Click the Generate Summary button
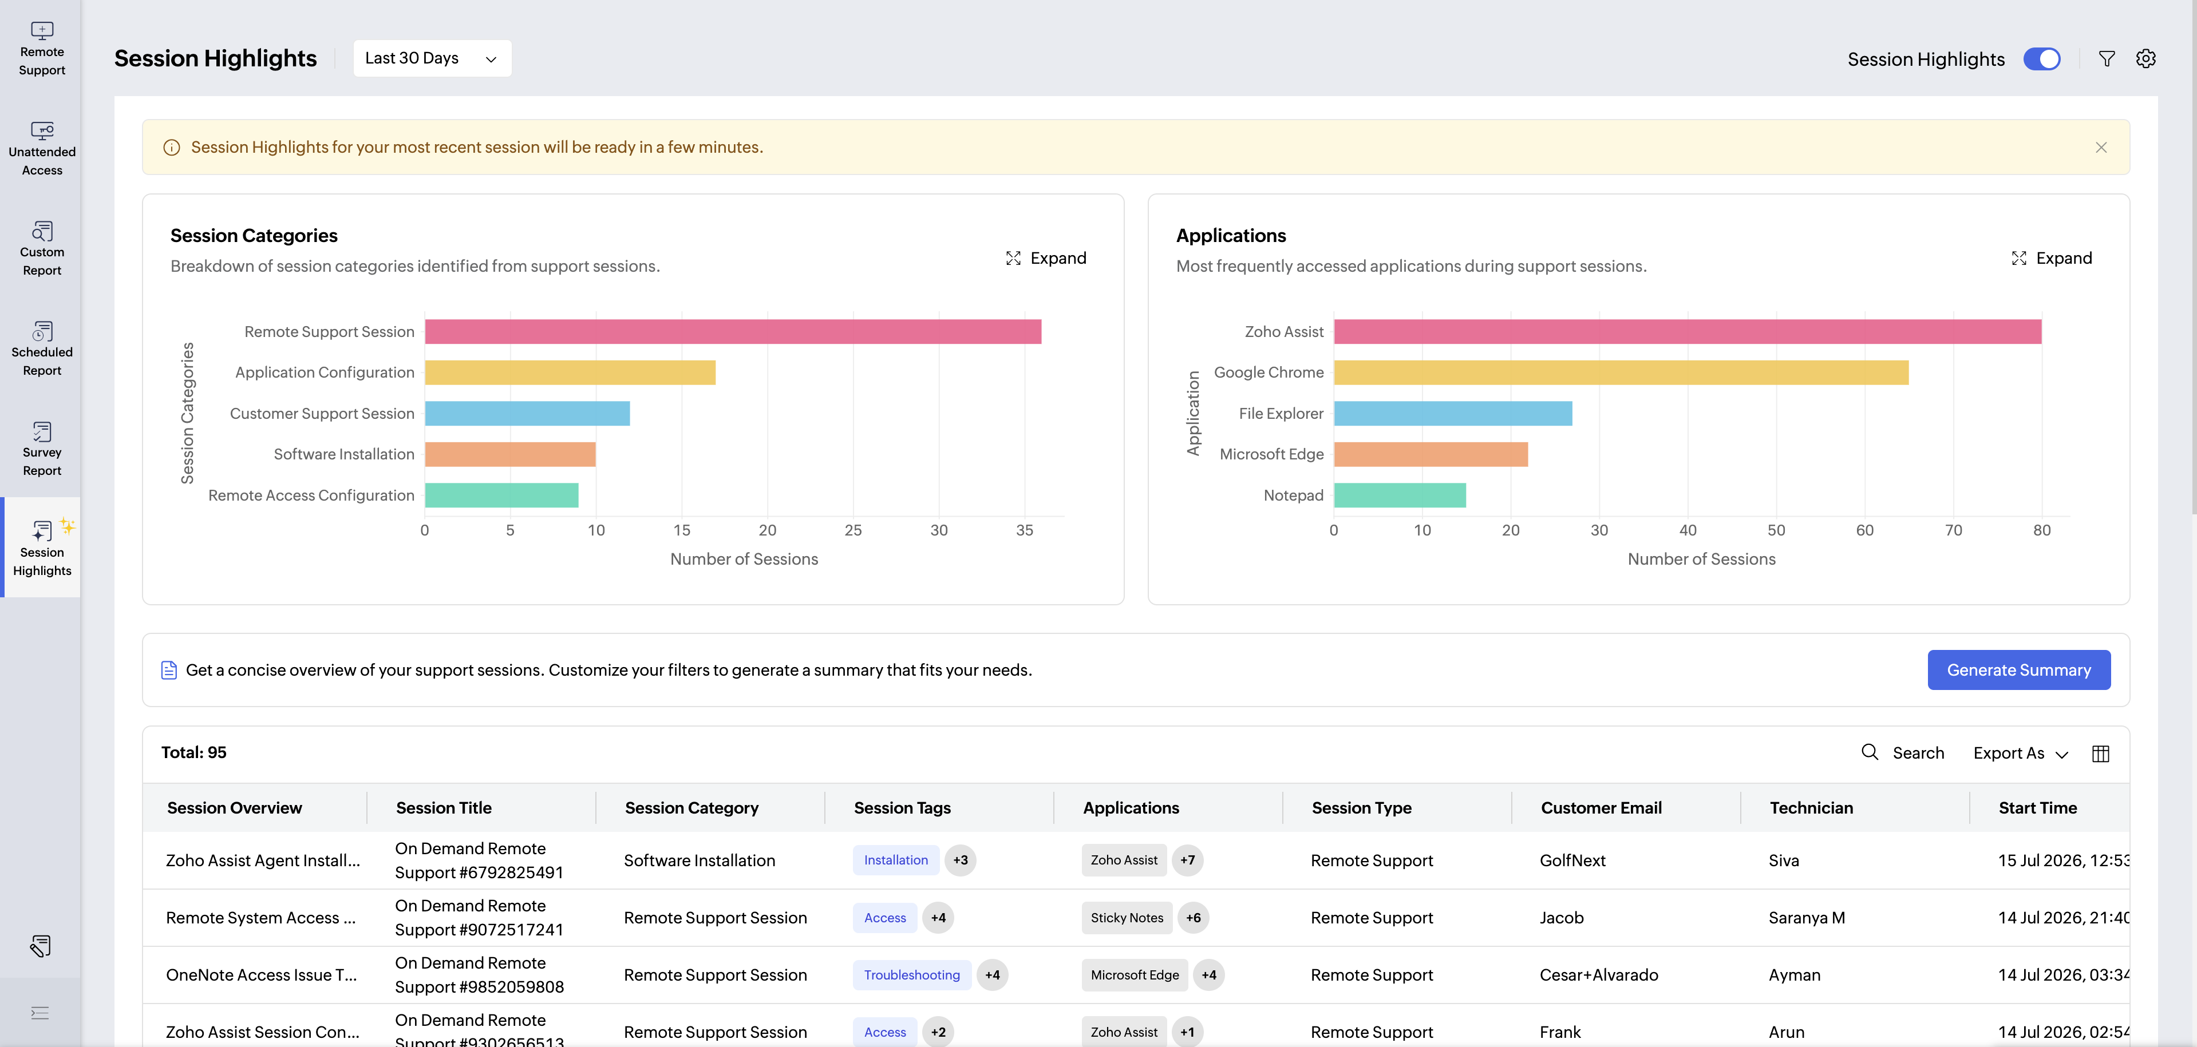tap(2019, 670)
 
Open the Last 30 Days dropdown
tap(432, 58)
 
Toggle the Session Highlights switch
tap(2042, 59)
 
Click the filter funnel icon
tap(2107, 59)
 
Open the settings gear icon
tap(2146, 59)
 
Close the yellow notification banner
tap(2101, 148)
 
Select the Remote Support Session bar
tap(733, 332)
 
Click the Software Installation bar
tap(510, 454)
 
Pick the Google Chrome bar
tap(1621, 372)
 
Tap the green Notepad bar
tap(1400, 495)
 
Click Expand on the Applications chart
tap(2051, 259)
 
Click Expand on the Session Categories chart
tap(1046, 259)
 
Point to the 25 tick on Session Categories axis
tap(853, 530)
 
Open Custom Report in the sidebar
tap(42, 249)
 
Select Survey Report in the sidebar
tap(42, 449)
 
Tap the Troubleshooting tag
tap(912, 975)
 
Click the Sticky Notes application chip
tap(1127, 918)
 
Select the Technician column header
tap(1812, 808)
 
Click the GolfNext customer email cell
tap(1572, 861)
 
